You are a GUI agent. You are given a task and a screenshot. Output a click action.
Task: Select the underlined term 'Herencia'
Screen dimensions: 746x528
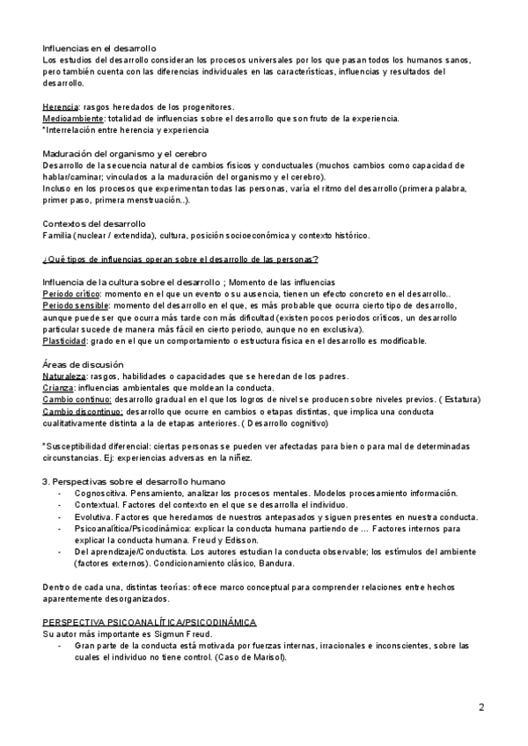point(59,106)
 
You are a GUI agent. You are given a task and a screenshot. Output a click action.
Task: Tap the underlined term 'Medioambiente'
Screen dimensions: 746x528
point(73,118)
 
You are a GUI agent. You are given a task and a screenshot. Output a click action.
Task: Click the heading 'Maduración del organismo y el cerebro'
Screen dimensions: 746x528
point(123,153)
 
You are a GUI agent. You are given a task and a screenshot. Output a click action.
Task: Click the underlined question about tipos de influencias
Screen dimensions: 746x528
point(180,258)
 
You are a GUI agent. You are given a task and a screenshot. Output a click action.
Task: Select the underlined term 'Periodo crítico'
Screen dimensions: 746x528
point(72,294)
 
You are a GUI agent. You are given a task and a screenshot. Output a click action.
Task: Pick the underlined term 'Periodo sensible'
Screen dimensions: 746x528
point(76,305)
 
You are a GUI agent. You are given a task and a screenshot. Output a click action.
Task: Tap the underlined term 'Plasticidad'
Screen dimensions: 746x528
point(66,340)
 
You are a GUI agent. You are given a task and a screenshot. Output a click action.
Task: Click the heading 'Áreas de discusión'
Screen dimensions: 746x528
point(83,363)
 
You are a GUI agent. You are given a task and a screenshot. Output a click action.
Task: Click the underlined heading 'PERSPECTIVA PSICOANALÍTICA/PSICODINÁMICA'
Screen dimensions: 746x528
point(150,621)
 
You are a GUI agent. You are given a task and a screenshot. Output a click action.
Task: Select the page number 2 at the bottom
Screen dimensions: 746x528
point(481,707)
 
